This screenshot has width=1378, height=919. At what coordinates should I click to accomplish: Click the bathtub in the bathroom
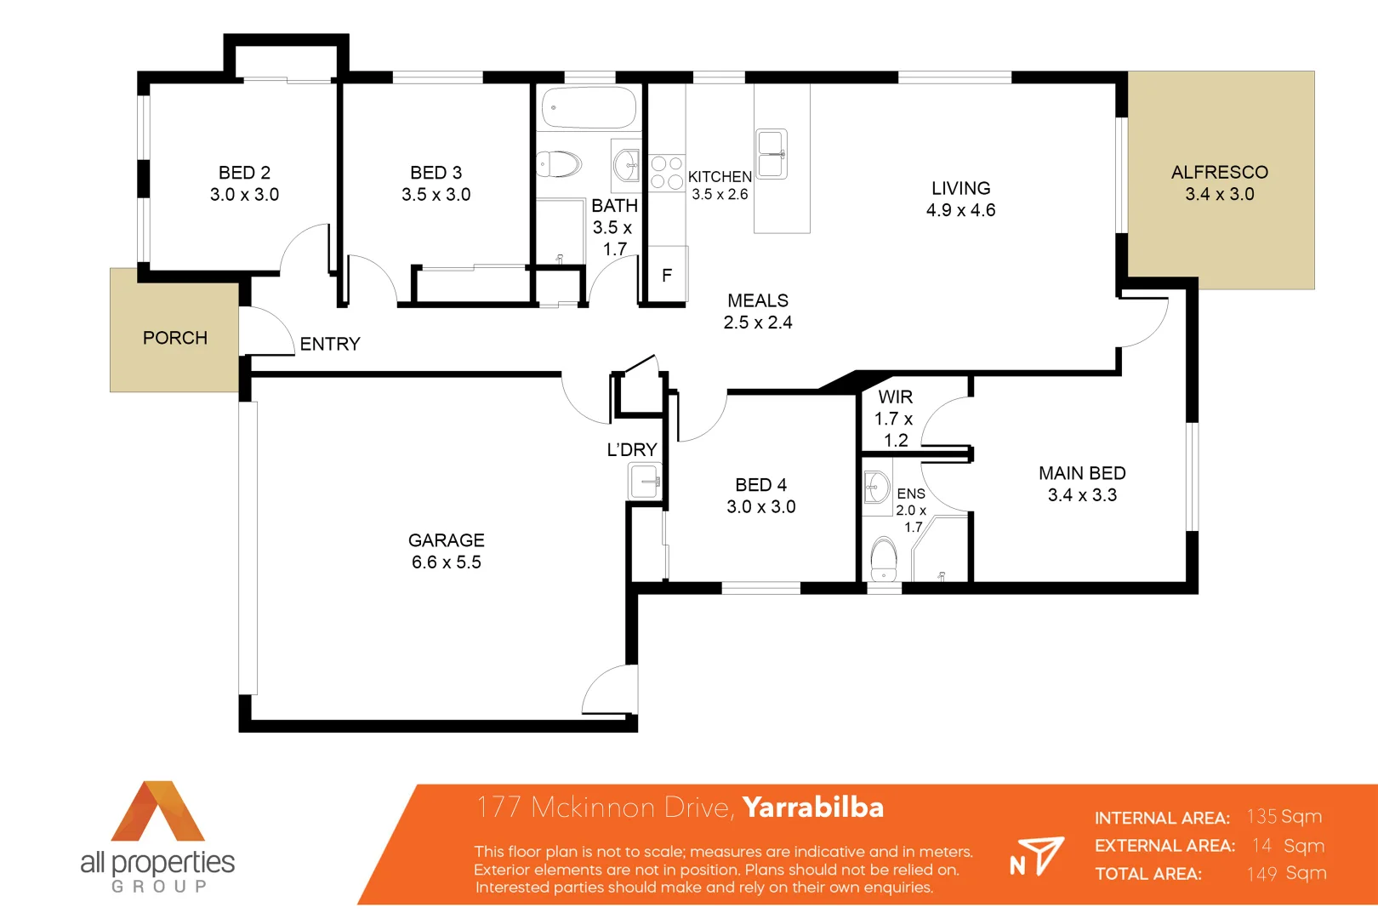click(589, 108)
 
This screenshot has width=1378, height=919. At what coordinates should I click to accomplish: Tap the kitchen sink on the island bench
click(772, 154)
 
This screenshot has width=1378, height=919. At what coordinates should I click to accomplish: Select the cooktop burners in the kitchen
click(667, 172)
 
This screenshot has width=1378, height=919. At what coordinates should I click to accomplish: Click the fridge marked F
click(667, 275)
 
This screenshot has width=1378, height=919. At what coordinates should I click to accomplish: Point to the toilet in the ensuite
click(884, 557)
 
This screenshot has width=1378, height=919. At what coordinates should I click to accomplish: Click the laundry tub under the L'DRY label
click(645, 482)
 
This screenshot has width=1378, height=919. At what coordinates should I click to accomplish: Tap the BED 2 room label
click(244, 173)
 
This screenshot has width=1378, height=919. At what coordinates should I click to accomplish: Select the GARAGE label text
click(446, 540)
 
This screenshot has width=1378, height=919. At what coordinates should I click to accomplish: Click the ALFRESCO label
click(1219, 173)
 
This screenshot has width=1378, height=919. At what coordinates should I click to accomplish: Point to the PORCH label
click(174, 338)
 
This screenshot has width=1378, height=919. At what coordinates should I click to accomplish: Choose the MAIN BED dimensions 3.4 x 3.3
click(1082, 495)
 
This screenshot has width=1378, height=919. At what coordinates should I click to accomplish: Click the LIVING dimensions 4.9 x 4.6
click(960, 210)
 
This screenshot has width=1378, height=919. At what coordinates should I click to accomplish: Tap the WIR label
click(895, 397)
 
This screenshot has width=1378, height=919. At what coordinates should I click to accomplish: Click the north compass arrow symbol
click(1038, 855)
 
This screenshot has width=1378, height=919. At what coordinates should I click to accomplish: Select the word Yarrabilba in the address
click(812, 807)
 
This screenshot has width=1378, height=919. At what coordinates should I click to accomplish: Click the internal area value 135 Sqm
click(1284, 817)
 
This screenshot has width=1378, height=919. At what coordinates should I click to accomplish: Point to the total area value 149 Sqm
click(1286, 873)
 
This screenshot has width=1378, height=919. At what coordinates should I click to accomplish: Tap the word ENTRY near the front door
click(330, 344)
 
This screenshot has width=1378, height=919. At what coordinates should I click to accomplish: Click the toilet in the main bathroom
click(559, 163)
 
